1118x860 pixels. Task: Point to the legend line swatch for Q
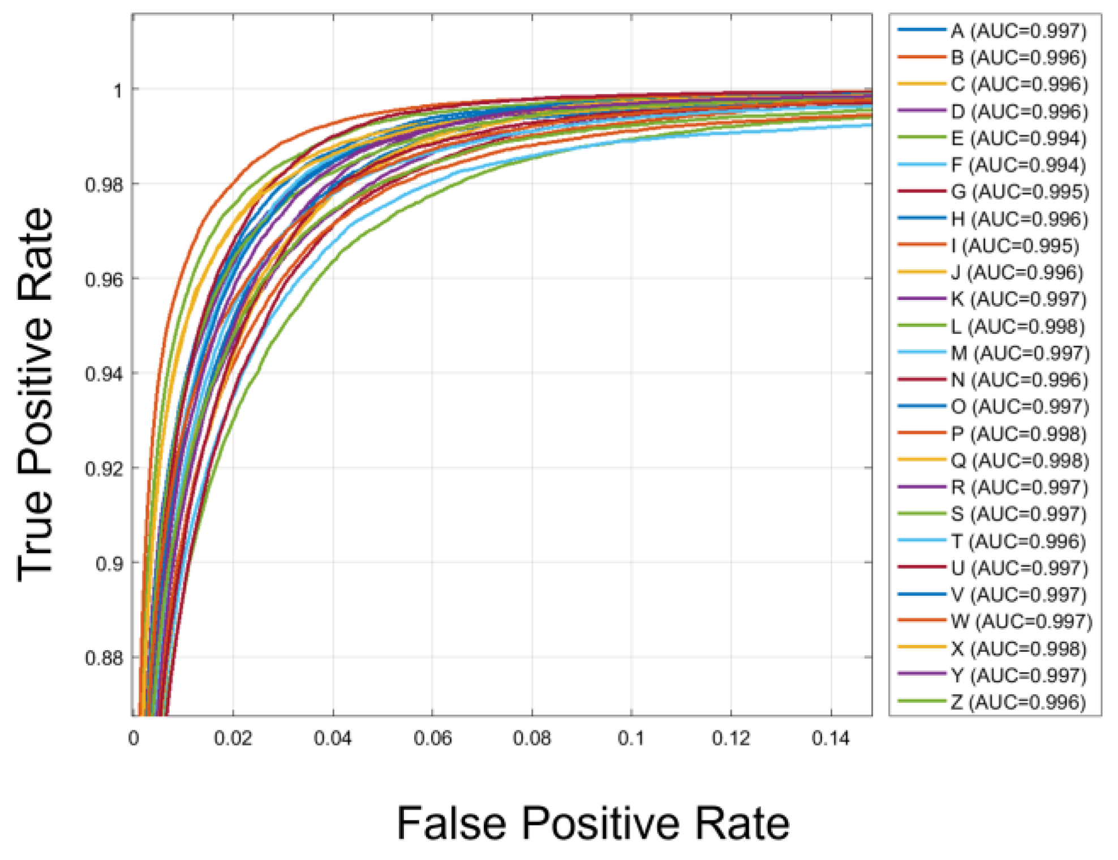(x=922, y=460)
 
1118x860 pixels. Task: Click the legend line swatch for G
(x=922, y=192)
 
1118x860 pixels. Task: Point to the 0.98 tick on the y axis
(x=104, y=184)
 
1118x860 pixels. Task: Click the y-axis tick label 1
(x=118, y=90)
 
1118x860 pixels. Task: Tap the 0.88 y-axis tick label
(x=104, y=658)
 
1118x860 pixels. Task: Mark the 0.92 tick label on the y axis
(x=104, y=468)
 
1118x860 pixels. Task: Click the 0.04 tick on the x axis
(x=333, y=738)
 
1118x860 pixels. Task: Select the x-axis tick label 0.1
(x=631, y=738)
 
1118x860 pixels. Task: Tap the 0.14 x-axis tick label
(x=831, y=738)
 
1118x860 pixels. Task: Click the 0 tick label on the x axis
(x=134, y=738)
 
